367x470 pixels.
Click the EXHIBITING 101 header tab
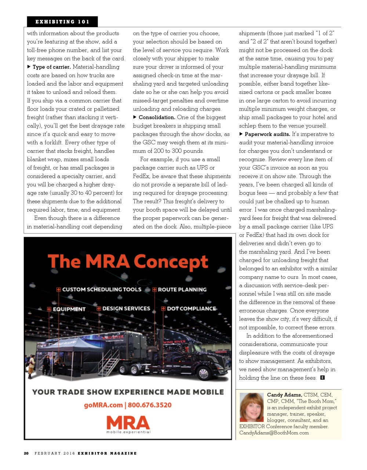pyautogui.click(x=62, y=22)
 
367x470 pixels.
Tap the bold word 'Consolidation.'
pyautogui.click(x=157, y=117)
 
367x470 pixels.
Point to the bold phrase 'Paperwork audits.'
pyautogui.click(x=267, y=134)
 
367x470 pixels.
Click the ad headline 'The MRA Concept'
pyautogui.click(x=128, y=262)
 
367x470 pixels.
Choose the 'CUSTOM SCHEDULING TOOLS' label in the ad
pyautogui.click(x=102, y=289)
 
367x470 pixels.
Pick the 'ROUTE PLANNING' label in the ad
pyautogui.click(x=182, y=290)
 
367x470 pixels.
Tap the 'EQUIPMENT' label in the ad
pyautogui.click(x=69, y=309)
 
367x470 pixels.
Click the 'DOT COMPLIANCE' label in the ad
pyautogui.click(x=191, y=309)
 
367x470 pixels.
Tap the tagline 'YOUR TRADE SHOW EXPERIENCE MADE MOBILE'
pyautogui.click(x=128, y=392)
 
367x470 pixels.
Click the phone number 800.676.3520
pyautogui.click(x=150, y=405)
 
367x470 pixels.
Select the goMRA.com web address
pyautogui.click(x=103, y=405)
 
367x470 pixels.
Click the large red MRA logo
pyautogui.click(x=128, y=423)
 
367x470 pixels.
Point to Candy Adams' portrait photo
pyautogui.click(x=251, y=407)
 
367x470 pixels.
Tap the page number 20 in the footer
pyautogui.click(x=26, y=453)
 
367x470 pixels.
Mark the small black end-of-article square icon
pyautogui.click(x=322, y=378)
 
